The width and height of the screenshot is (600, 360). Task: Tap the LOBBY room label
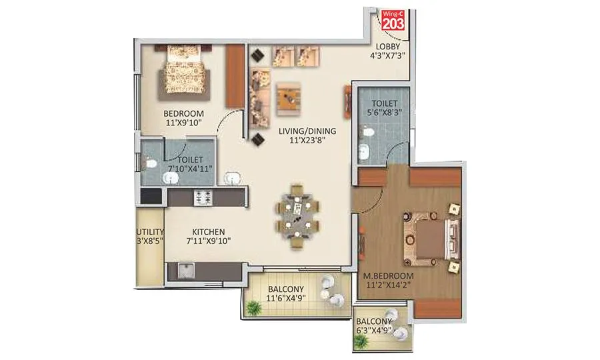tap(387, 46)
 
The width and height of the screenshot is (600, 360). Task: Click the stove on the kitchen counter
tap(203, 197)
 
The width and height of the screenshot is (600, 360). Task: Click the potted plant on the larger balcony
tap(253, 307)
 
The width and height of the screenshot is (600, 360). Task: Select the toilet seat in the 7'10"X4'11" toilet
tap(150, 161)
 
